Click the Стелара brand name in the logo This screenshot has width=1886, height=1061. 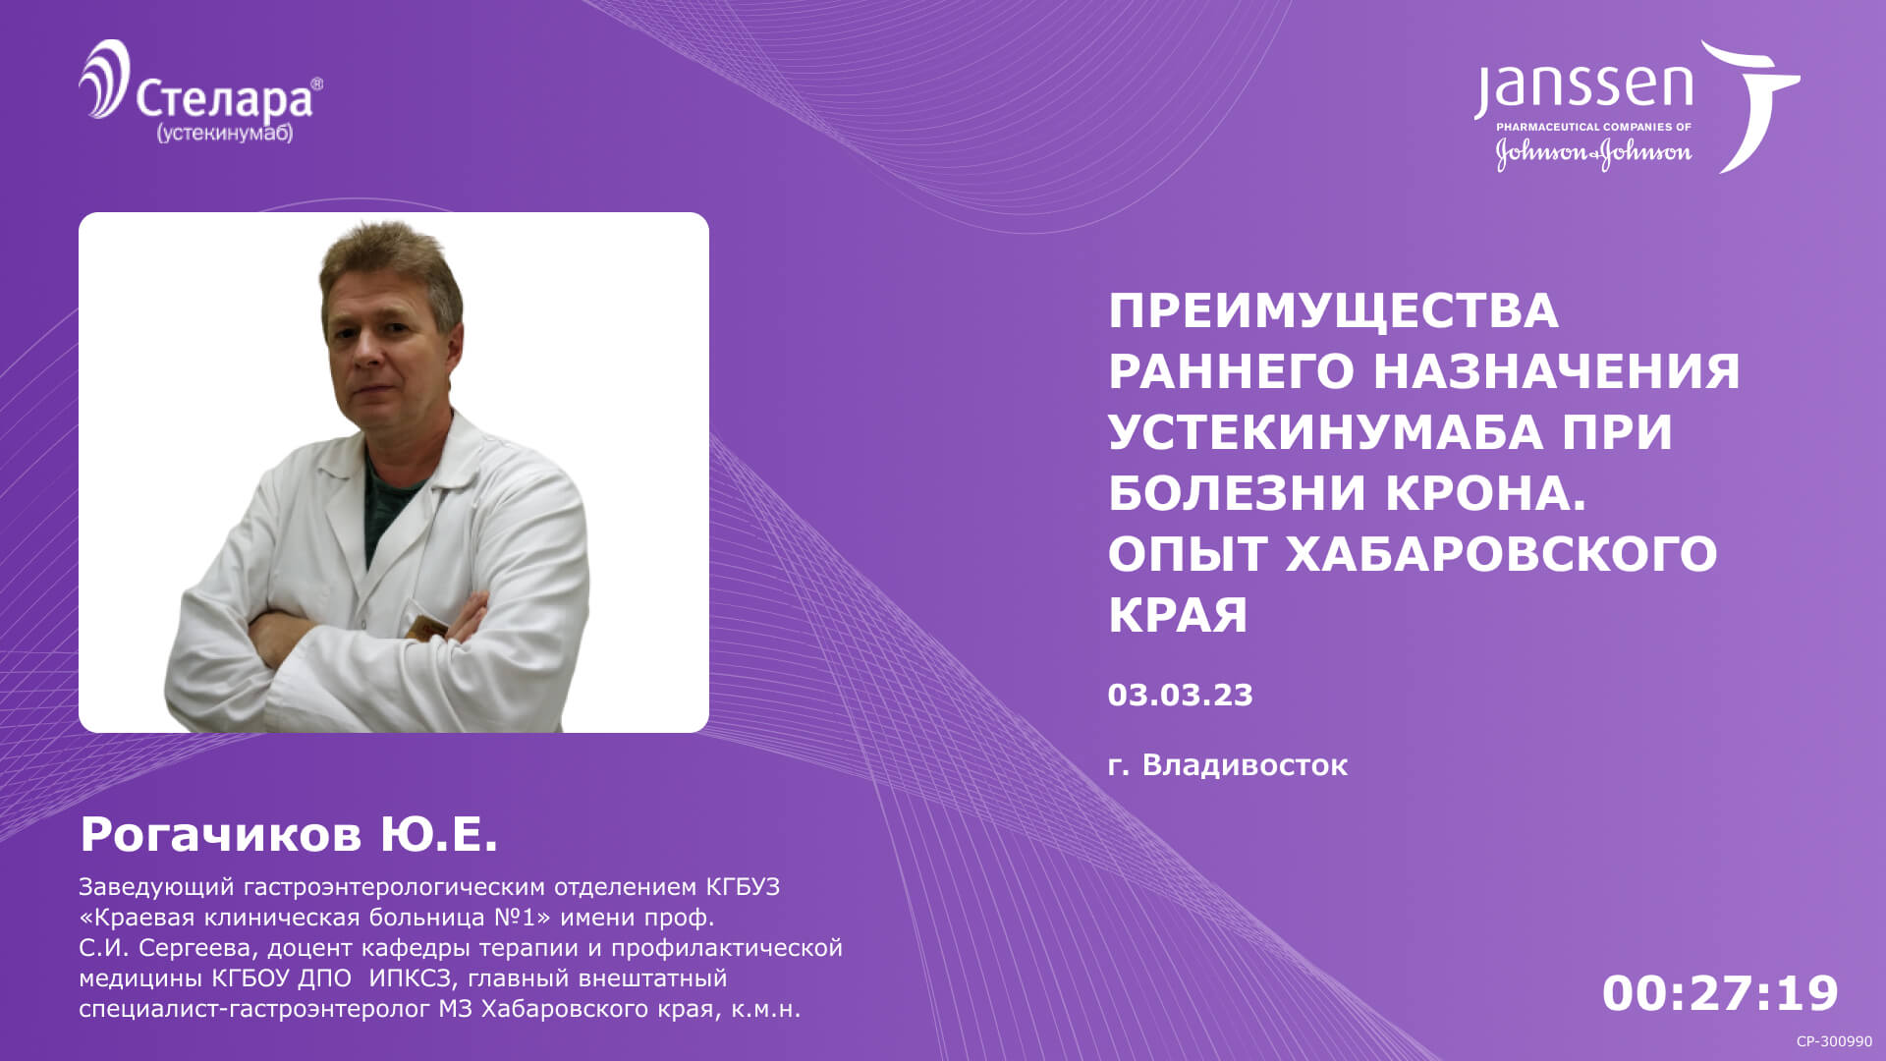(224, 98)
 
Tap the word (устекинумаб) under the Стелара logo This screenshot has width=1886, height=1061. (225, 133)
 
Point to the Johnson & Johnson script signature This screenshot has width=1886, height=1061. (1593, 152)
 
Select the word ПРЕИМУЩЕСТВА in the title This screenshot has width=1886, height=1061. (1333, 310)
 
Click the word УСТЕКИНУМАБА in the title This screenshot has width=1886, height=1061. (1326, 432)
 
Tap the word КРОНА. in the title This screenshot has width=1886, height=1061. (1485, 493)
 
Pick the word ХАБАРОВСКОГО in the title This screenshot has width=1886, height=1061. (1501, 554)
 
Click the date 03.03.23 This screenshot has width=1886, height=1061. (1180, 695)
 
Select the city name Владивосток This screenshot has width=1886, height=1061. (1245, 764)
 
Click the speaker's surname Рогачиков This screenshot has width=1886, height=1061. (221, 834)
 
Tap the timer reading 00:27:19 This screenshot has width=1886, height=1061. (1720, 993)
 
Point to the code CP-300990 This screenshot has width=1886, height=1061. (1834, 1041)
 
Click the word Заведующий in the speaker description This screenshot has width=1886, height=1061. (156, 887)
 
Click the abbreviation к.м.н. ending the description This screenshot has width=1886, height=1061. (765, 1009)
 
